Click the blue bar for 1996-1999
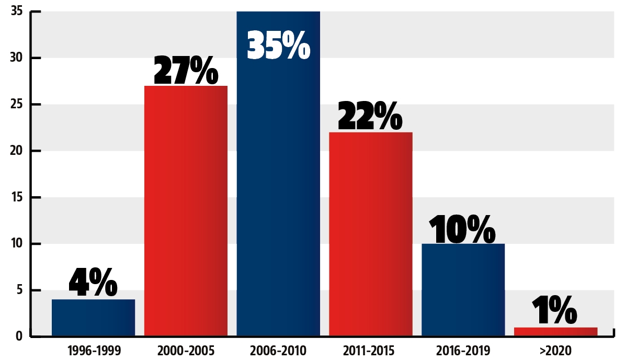pyautogui.click(x=93, y=318)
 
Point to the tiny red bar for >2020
pyautogui.click(x=555, y=331)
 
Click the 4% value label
pyautogui.click(x=93, y=283)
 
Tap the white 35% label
pyautogui.click(x=278, y=46)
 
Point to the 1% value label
pyautogui.click(x=555, y=311)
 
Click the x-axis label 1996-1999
pyautogui.click(x=93, y=350)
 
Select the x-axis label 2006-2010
pyautogui.click(x=278, y=350)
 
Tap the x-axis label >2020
pyautogui.click(x=555, y=350)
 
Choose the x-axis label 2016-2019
pyautogui.click(x=463, y=350)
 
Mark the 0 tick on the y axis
pyautogui.click(x=19, y=336)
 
